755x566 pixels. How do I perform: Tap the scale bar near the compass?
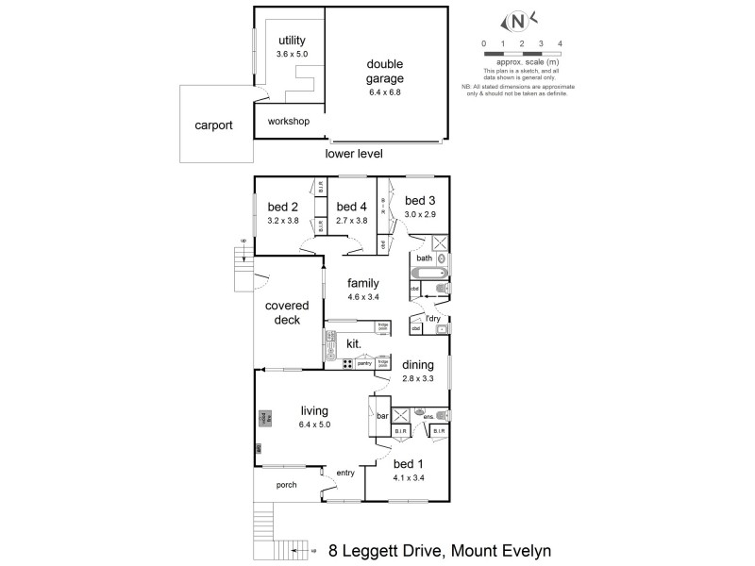pos(522,55)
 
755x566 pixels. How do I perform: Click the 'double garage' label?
pos(386,71)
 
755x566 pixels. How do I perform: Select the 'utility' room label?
pos(293,42)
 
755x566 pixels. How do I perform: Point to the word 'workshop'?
pos(289,122)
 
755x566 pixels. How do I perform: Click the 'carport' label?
pos(213,125)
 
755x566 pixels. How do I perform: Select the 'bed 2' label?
pos(283,208)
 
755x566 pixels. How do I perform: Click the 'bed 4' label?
pos(351,208)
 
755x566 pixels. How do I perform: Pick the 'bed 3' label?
pos(420,200)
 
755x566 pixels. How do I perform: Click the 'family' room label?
pos(362,283)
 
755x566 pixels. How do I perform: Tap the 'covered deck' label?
pos(282,312)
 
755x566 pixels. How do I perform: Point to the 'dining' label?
pos(418,365)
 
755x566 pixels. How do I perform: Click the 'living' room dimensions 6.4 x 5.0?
pos(314,424)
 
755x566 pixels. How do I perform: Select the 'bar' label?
pos(383,415)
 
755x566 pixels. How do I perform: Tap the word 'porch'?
pos(286,485)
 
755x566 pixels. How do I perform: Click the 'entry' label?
pos(344,473)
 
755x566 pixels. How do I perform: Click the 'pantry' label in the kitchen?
pos(363,363)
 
